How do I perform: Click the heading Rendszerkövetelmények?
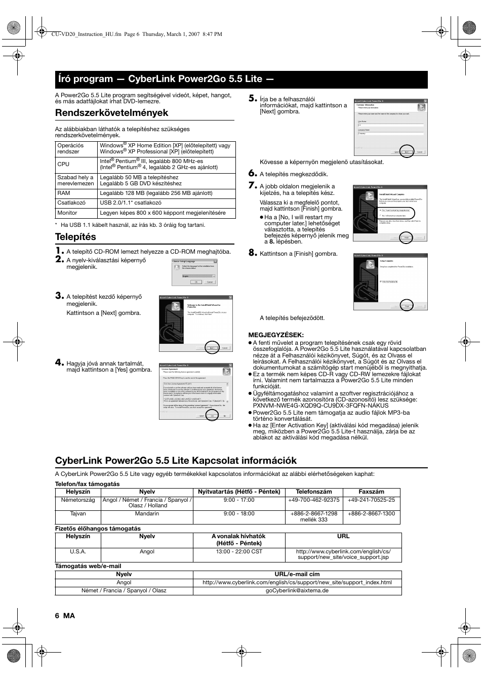pyautogui.click(x=111, y=112)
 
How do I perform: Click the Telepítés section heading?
pyautogui.click(x=75, y=236)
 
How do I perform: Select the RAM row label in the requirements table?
pyautogui.click(x=64, y=193)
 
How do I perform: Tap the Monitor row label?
pyautogui.click(x=67, y=213)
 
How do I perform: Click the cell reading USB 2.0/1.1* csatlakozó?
pyautogui.click(x=131, y=203)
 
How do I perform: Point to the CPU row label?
pyautogui.click(x=63, y=164)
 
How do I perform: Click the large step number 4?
pyautogui.click(x=60, y=363)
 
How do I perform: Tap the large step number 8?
pyautogui.click(x=253, y=253)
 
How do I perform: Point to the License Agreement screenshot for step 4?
pyautogui.click(x=196, y=391)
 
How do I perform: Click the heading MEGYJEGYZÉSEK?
pyautogui.click(x=276, y=335)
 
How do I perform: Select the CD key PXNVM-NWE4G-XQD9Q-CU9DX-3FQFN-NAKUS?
pyautogui.click(x=321, y=406)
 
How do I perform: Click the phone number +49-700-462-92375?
pyautogui.click(x=314, y=500)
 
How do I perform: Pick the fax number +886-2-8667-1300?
pyautogui.click(x=371, y=513)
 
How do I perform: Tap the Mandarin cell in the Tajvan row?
pyautogui.click(x=147, y=513)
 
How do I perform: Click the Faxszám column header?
pyautogui.click(x=371, y=492)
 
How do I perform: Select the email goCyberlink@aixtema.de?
pyautogui.click(x=297, y=590)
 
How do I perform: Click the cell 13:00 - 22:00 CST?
pyautogui.click(x=239, y=551)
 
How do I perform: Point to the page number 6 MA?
pyautogui.click(x=65, y=615)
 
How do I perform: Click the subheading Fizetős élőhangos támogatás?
pyautogui.click(x=98, y=529)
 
